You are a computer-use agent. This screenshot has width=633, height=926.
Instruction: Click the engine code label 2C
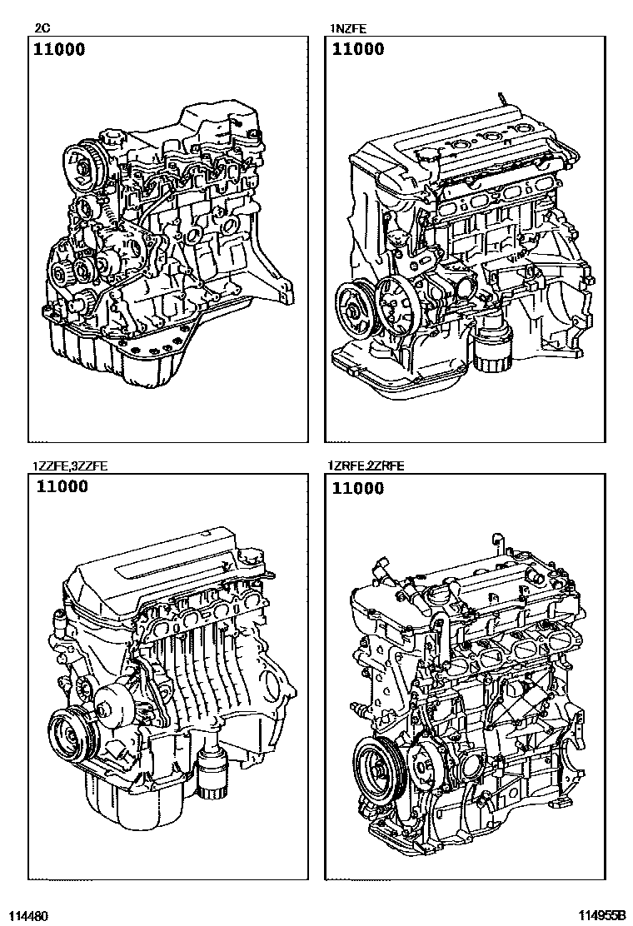click(x=42, y=28)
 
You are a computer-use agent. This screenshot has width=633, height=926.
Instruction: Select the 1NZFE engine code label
click(x=348, y=28)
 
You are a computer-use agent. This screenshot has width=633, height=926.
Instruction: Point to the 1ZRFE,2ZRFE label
click(x=366, y=466)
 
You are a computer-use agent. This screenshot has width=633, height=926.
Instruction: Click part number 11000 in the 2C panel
click(x=59, y=49)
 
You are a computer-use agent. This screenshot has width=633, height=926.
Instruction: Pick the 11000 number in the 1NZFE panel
click(x=358, y=49)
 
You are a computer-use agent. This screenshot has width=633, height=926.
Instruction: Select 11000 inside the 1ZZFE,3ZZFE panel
click(x=62, y=487)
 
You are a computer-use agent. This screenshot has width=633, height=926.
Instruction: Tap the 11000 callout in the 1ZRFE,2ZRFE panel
click(x=358, y=488)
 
